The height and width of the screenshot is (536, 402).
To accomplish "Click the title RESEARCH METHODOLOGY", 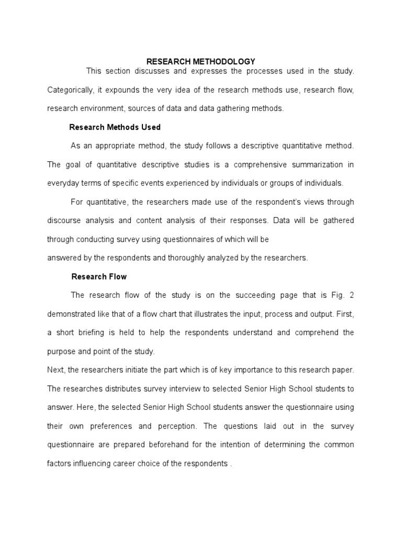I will tap(200, 62).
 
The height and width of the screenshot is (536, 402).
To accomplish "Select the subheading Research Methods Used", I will tap(115, 127).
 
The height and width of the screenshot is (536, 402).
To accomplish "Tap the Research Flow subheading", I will tap(99, 276).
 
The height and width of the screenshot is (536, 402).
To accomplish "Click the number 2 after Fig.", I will tap(352, 295).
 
